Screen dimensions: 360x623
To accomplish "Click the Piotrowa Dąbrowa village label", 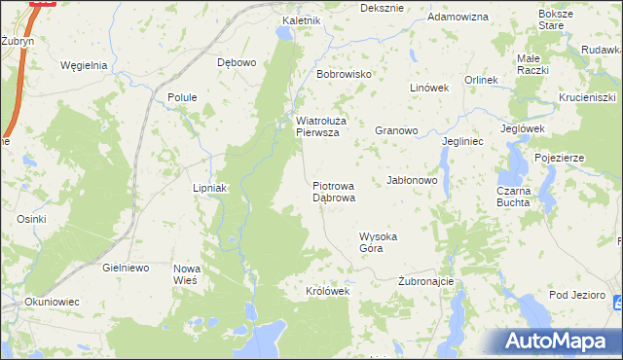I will click(x=334, y=191).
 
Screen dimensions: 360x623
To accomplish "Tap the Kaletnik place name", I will click(x=301, y=20).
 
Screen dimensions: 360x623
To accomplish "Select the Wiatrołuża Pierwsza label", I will click(x=317, y=127).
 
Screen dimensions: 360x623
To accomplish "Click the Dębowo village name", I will click(x=237, y=62).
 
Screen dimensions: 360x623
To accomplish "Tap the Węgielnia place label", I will click(x=83, y=66).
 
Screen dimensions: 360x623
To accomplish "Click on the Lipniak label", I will click(x=209, y=188).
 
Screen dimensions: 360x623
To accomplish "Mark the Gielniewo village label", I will click(x=124, y=267).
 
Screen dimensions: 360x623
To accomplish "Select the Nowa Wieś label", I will click(x=186, y=273).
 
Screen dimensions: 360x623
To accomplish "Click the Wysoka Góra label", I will click(x=380, y=242).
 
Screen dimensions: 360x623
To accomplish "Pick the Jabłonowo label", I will click(x=413, y=181).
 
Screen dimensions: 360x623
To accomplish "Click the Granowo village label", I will click(x=396, y=129).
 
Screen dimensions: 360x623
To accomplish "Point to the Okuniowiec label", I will click(x=52, y=302).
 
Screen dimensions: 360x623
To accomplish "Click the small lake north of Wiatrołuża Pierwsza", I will click(x=283, y=34).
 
